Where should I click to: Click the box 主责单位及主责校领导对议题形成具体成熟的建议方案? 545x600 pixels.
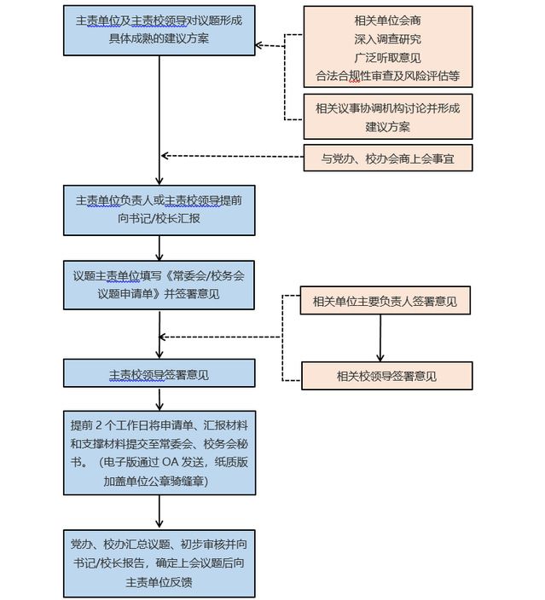click(x=159, y=32)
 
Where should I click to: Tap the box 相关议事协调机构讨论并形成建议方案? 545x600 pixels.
click(x=387, y=117)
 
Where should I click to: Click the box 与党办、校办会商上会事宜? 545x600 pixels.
click(x=387, y=158)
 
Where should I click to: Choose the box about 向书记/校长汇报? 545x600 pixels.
click(x=159, y=209)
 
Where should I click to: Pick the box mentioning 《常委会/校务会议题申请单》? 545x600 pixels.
click(x=159, y=285)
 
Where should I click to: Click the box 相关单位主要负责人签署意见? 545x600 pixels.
click(x=386, y=301)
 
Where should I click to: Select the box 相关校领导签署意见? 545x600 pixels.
click(x=386, y=376)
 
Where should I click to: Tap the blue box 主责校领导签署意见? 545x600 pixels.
click(x=159, y=373)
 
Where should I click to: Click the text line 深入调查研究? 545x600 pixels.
click(x=387, y=38)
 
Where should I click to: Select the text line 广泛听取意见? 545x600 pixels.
click(x=387, y=56)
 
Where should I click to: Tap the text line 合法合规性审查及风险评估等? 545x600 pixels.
click(x=387, y=75)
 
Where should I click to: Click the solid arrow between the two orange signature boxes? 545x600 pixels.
click(x=380, y=337)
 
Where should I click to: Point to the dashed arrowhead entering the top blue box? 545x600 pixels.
click(x=260, y=46)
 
